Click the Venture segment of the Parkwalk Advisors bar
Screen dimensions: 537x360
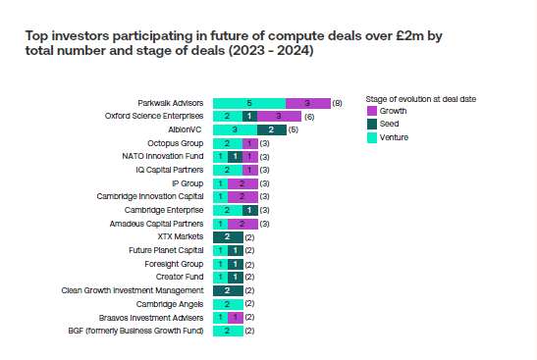[249, 103]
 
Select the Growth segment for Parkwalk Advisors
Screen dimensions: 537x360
[308, 103]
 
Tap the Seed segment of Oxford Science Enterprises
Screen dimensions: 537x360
[249, 117]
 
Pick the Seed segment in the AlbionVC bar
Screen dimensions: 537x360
[272, 130]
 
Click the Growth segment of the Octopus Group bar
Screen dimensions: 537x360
[250, 143]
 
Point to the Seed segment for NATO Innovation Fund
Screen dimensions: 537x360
[235, 157]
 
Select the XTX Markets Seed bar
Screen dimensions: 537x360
[228, 237]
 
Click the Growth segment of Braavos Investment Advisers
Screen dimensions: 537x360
[236, 318]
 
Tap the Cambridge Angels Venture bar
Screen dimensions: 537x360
[228, 304]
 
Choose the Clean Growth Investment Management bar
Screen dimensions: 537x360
[228, 290]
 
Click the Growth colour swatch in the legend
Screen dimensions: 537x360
[372, 111]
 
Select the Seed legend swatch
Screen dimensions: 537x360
[372, 124]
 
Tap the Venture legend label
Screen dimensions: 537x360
[394, 137]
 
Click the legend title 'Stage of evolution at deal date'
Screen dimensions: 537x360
[421, 99]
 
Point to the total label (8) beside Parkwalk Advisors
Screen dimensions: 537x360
[337, 103]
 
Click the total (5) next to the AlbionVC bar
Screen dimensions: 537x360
[294, 130]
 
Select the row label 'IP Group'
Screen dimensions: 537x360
[188, 183]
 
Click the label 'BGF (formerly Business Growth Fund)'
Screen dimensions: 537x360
[135, 331]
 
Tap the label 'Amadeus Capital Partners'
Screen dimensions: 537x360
[156, 224]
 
